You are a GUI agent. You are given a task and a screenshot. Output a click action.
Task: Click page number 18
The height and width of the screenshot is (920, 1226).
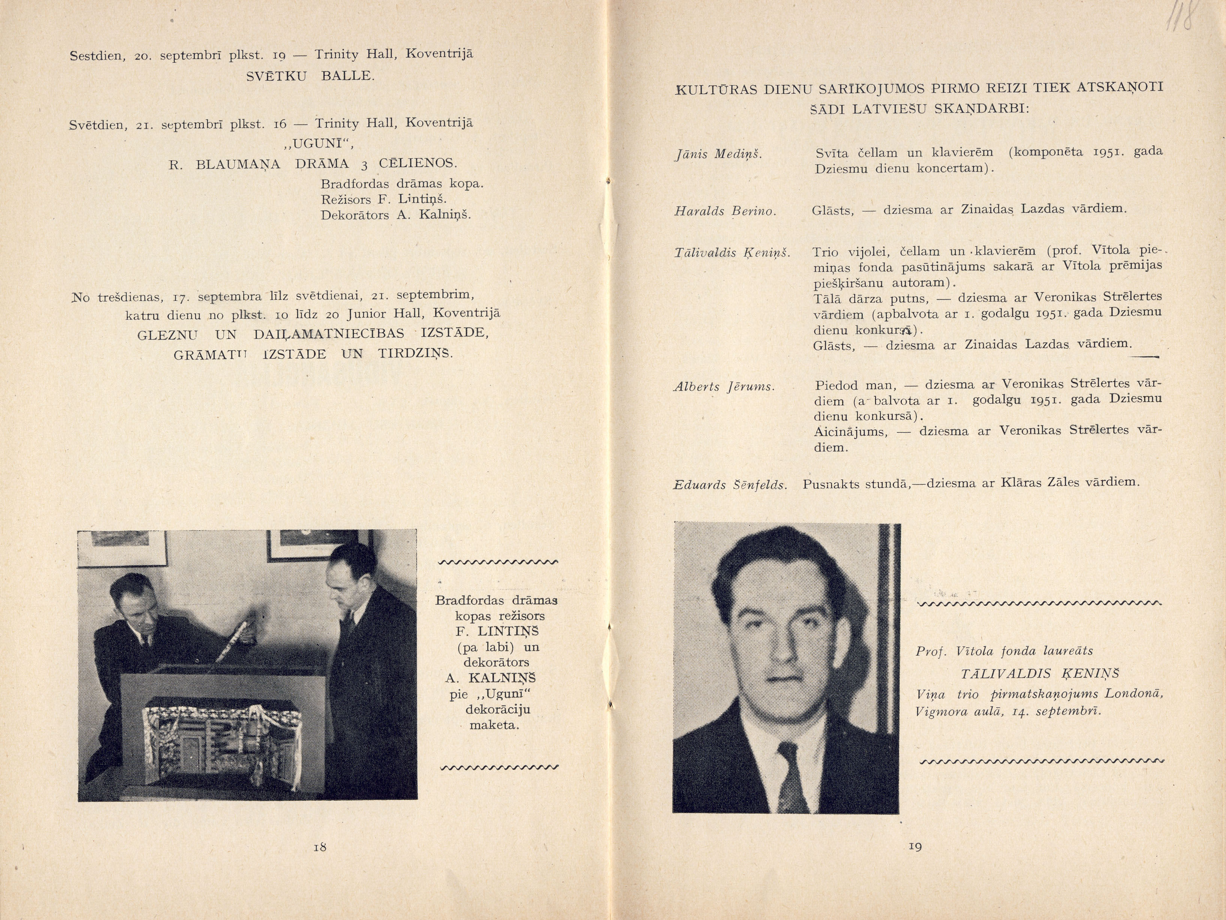tap(320, 847)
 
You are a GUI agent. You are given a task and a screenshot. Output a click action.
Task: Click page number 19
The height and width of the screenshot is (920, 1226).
tap(915, 846)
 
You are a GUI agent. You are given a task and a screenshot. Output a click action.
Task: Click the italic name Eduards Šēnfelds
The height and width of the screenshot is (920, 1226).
tap(730, 485)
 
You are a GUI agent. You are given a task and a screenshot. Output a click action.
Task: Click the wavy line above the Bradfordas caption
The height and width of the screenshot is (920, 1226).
tap(498, 563)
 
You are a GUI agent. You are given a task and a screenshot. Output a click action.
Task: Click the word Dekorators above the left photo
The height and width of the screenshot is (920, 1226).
tap(355, 215)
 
